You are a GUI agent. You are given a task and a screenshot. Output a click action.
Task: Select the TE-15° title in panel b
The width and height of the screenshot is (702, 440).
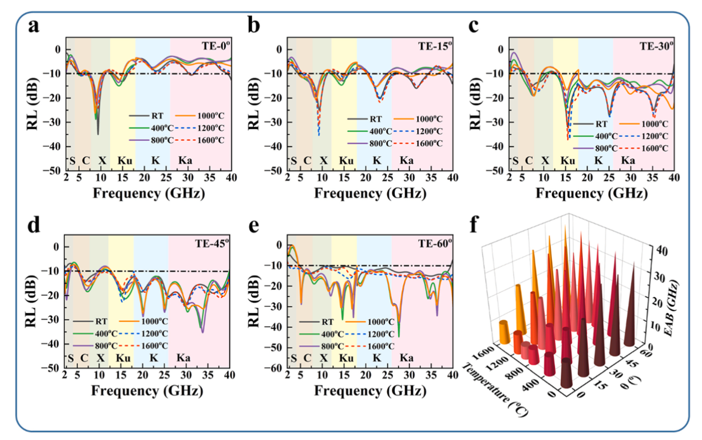(x=435, y=46)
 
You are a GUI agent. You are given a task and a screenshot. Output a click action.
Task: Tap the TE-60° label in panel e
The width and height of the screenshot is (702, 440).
(x=435, y=243)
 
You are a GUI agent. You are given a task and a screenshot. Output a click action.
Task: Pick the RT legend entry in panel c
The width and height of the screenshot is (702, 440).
(x=601, y=124)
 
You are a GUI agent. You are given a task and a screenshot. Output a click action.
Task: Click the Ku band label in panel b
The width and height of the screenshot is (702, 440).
(x=346, y=161)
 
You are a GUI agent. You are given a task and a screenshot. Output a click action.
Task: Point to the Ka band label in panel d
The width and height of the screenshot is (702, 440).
(x=183, y=358)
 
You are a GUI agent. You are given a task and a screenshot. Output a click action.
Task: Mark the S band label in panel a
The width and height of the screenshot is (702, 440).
(x=72, y=161)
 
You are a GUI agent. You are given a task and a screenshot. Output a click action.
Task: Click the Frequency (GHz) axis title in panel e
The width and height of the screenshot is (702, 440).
(x=370, y=391)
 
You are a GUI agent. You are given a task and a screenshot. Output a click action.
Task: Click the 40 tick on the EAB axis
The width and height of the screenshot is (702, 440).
(x=662, y=251)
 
